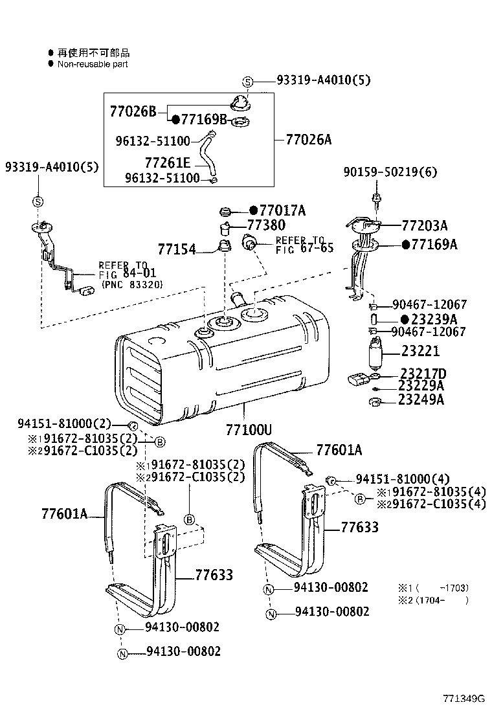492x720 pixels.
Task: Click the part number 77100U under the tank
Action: click(249, 429)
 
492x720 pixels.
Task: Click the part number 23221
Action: click(420, 351)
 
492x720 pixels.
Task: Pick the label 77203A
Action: click(425, 225)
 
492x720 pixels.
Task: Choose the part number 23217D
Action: click(423, 374)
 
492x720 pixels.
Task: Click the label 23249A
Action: click(421, 399)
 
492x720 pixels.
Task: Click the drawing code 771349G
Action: click(464, 699)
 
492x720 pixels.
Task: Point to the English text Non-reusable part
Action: click(93, 64)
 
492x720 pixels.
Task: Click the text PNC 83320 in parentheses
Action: click(131, 284)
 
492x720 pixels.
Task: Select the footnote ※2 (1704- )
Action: click(432, 600)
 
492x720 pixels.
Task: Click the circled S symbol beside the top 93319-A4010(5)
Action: click(247, 81)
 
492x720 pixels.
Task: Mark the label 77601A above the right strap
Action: click(339, 451)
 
